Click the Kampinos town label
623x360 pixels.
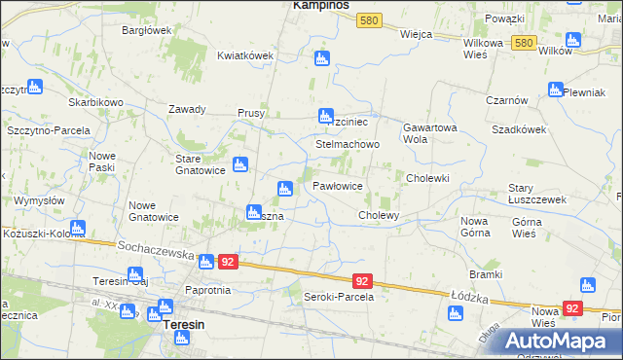point(322,6)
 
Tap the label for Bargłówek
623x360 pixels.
point(147,31)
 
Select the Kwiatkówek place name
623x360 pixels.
point(244,55)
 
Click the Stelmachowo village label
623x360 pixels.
point(347,144)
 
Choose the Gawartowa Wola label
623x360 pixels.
point(429,133)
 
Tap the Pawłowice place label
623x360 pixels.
point(338,185)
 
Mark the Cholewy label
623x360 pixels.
point(380,215)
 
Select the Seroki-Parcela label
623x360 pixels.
point(339,297)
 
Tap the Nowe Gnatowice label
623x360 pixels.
point(156,211)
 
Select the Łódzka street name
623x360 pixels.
point(468,294)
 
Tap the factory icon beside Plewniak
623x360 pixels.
point(556,90)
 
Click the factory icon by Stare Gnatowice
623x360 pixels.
point(239,164)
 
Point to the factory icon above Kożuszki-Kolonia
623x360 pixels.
point(77,229)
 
